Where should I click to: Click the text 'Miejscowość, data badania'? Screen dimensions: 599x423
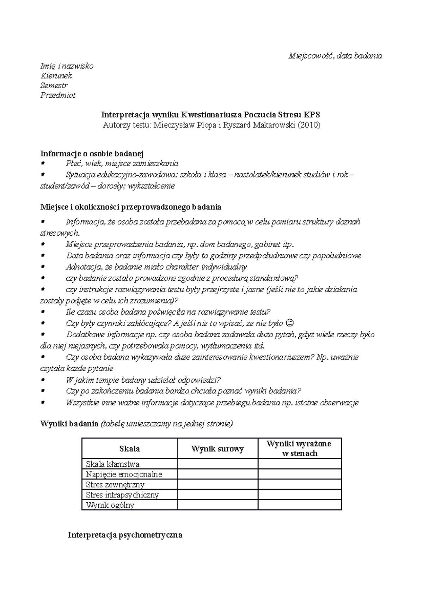(x=335, y=56)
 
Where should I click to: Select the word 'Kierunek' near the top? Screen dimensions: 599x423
(x=56, y=75)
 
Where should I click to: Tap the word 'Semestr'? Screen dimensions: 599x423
(x=54, y=85)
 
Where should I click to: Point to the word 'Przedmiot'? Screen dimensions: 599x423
(x=58, y=95)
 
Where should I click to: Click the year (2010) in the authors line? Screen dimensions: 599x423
(x=309, y=125)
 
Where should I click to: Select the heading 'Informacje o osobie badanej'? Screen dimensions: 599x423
(x=92, y=153)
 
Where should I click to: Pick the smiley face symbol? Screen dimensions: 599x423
(x=289, y=323)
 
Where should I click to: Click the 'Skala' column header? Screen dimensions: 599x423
(x=129, y=449)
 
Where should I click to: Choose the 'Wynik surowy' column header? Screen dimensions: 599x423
(x=217, y=449)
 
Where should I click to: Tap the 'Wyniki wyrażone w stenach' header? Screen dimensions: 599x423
(x=300, y=449)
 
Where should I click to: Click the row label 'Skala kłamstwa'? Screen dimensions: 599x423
(x=113, y=464)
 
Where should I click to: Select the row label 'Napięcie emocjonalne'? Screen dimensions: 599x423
(x=124, y=474)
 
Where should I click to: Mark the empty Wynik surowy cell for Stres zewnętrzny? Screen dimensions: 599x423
(x=217, y=485)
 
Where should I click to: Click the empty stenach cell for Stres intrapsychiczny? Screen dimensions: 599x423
(x=300, y=495)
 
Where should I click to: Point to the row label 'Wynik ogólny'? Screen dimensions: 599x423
(x=110, y=505)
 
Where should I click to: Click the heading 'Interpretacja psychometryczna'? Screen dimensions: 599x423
(x=125, y=535)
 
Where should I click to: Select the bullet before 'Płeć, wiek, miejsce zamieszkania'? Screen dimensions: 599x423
(x=43, y=163)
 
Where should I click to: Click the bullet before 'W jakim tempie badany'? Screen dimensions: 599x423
(x=43, y=380)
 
